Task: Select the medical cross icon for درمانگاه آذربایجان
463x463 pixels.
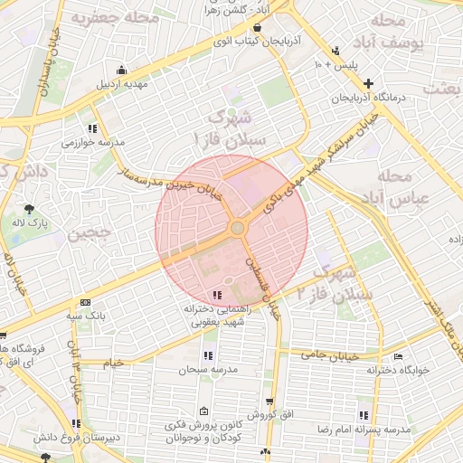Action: tap(368, 84)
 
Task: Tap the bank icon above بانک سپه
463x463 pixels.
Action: tap(86, 303)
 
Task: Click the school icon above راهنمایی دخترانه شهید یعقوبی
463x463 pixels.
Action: tap(216, 295)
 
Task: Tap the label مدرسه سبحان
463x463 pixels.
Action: tap(207, 370)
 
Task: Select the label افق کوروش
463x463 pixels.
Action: tap(269, 414)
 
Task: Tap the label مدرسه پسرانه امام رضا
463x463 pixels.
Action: tap(367, 428)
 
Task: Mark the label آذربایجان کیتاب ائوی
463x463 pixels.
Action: tap(221, 41)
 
